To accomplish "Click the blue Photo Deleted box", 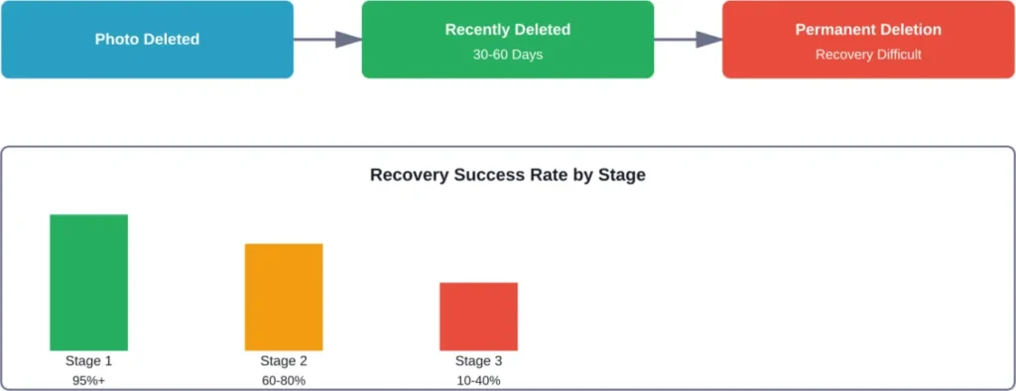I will pos(147,40).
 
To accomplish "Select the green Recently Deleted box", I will pos(507,40).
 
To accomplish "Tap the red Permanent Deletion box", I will pos(868,40).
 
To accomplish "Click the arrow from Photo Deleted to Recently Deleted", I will pos(327,40).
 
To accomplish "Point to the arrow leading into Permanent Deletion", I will pos(689,40).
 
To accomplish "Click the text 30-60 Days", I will pos(507,55).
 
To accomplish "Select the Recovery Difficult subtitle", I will pos(868,55).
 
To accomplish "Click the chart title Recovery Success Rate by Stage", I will pos(507,176).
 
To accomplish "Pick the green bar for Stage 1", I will pos(89,282).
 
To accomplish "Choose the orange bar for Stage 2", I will pos(284,297).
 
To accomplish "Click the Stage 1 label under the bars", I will pos(89,361).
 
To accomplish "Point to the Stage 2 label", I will pos(284,361).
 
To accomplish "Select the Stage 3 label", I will pos(478,361).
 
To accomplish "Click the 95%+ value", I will pos(89,380).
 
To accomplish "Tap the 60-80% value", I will pos(284,380).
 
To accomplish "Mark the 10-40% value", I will pos(478,380).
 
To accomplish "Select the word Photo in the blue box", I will pos(115,40).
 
